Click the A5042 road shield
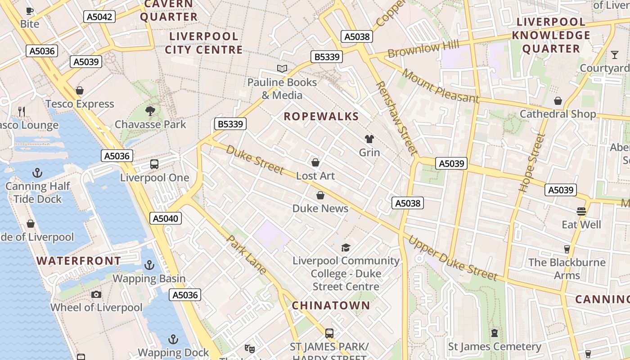99,17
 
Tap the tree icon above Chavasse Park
150,110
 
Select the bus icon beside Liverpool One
154,164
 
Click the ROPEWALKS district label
321,117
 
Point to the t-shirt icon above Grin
369,139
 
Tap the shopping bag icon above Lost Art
315,162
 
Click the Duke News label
320,208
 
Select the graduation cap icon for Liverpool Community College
346,247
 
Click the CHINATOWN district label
331,306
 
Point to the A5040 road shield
166,219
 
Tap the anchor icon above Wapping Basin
149,265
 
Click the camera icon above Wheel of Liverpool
96,294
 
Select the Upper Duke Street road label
452,258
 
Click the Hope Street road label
532,163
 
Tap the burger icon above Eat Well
581,211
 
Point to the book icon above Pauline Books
282,69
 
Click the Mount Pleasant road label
441,86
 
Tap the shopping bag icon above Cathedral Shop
558,101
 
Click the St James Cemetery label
495,346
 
